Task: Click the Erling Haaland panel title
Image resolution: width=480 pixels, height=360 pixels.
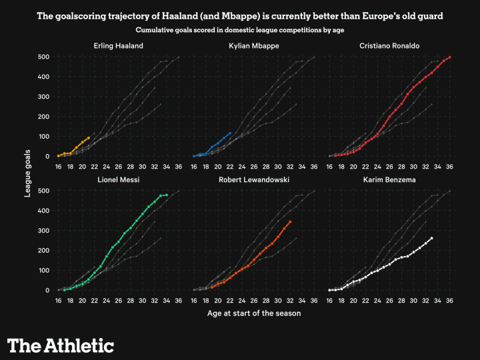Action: click(x=119, y=45)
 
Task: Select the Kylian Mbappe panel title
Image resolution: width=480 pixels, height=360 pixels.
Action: click(x=253, y=45)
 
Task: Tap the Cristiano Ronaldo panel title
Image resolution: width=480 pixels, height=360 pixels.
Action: click(x=389, y=45)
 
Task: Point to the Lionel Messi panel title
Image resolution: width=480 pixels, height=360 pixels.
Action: click(x=119, y=180)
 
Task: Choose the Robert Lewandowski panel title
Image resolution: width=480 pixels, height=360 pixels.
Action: click(x=253, y=180)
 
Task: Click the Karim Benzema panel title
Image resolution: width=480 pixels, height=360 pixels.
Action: click(x=389, y=180)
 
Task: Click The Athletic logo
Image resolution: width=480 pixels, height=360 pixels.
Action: click(x=61, y=345)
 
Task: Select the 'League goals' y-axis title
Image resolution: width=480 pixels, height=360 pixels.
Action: click(x=29, y=173)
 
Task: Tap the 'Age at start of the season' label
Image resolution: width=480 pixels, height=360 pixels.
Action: click(x=254, y=313)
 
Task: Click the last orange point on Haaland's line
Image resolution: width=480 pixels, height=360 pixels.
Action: click(x=89, y=138)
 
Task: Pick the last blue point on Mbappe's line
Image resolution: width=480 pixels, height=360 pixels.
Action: click(x=230, y=133)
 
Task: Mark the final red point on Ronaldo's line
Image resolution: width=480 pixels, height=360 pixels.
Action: click(x=450, y=57)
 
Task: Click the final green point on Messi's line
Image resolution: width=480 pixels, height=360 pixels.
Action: click(x=167, y=195)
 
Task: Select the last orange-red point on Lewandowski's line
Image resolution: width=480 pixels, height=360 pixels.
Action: click(x=290, y=222)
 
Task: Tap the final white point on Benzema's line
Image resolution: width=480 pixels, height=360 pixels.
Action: click(x=432, y=238)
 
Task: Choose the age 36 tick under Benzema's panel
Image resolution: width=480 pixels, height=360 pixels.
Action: click(x=450, y=300)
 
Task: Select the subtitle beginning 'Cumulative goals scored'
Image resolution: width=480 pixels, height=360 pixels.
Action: click(x=240, y=30)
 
